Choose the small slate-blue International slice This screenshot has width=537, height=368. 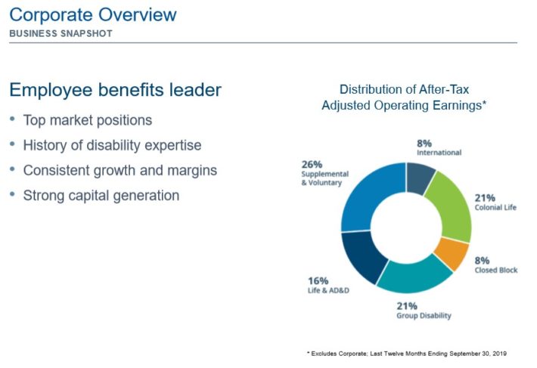click(420, 177)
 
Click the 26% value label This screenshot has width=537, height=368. click(312, 165)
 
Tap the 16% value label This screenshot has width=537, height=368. click(318, 281)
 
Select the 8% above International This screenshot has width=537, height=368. click(424, 144)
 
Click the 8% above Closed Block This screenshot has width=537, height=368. click(482, 261)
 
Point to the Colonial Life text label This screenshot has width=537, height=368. click(495, 207)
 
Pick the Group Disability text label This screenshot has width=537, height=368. click(424, 315)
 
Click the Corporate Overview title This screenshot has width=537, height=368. click(93, 14)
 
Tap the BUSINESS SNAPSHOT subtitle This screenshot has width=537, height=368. click(61, 33)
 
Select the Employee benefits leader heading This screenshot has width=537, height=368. click(116, 90)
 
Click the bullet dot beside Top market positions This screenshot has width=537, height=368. click(13, 119)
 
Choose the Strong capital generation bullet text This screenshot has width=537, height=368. click(101, 196)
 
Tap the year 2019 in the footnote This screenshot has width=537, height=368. click(500, 354)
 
